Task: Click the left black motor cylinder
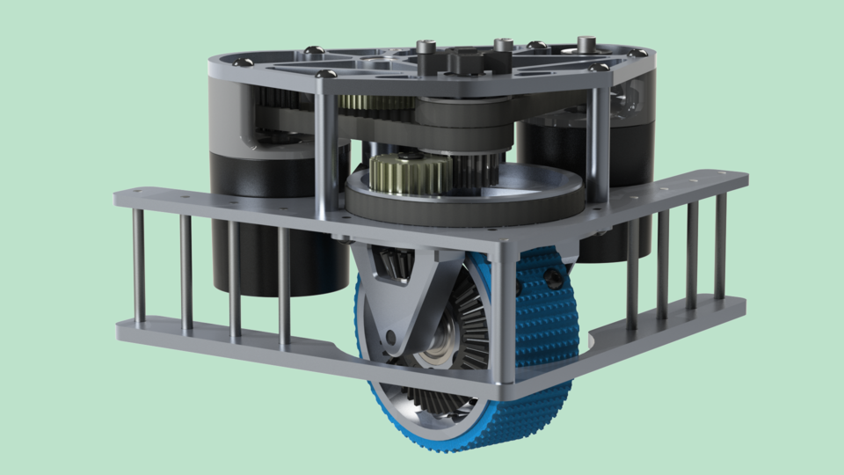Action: point(264,220)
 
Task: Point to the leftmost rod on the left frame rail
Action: point(139,267)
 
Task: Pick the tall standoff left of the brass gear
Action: point(326,150)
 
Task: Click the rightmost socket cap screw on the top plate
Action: point(585,42)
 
